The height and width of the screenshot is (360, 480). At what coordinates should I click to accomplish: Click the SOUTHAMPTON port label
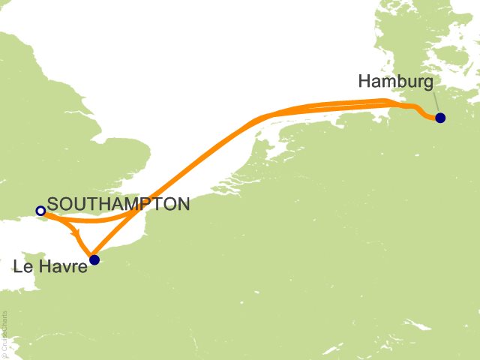118,203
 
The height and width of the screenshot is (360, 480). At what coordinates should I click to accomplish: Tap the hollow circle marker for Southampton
40,211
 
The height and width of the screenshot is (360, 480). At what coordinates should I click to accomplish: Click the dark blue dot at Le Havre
94,260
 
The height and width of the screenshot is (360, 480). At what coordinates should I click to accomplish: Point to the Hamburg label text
395,80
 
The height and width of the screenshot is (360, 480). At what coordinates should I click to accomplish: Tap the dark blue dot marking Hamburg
440,118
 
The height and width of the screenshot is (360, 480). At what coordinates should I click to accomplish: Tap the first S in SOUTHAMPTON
52,203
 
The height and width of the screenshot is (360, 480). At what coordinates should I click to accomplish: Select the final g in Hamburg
427,82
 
